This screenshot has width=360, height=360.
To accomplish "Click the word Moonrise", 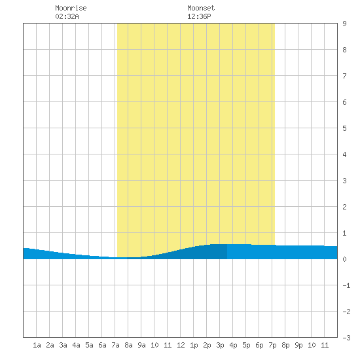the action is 71,8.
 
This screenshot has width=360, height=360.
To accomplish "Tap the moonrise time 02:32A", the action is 67,16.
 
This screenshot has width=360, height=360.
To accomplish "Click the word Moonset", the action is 201,8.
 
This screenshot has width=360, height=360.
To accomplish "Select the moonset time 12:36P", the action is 199,16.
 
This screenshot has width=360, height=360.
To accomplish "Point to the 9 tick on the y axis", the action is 344,24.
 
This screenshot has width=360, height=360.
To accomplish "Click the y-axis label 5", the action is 344,128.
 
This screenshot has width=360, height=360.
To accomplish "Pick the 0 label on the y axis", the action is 344,259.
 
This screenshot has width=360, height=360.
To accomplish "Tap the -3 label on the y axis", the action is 347,338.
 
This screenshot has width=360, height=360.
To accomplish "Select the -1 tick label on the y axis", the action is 347,285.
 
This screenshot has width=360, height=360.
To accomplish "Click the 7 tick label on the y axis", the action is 344,76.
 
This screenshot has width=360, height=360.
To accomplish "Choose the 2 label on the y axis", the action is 344,207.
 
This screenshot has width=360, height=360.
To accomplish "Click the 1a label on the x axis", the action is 37,345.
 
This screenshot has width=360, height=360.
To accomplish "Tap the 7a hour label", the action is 115,345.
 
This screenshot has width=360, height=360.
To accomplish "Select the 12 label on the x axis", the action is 181,345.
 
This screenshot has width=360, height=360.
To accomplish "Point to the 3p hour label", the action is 220,345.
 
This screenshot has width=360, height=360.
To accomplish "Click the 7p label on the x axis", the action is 272,345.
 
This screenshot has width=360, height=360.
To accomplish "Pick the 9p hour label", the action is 298,345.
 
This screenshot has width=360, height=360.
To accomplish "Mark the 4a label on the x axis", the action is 76,345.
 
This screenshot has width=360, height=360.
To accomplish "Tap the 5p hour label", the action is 246,345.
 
